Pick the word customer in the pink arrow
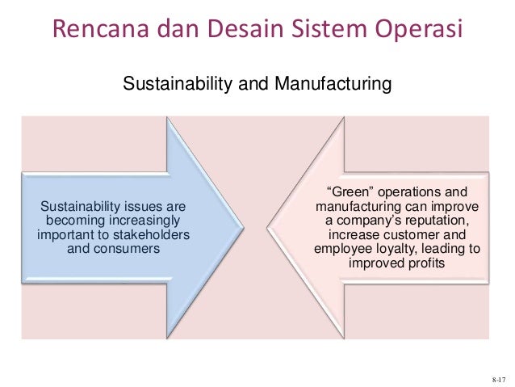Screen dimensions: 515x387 tap(411, 235)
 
